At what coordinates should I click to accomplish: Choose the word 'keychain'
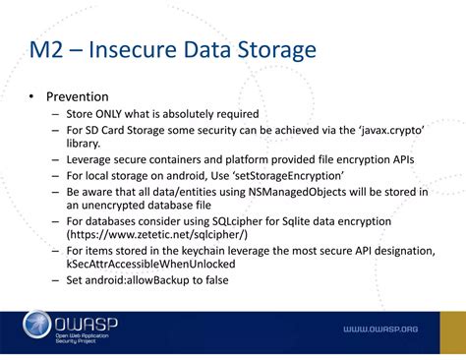pyautogui.click(x=212, y=253)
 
